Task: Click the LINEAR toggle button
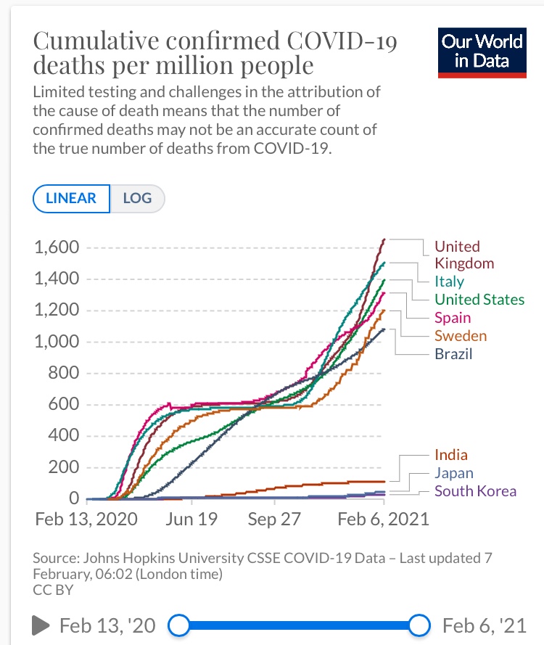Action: (71, 198)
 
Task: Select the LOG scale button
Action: (137, 198)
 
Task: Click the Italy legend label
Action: (449, 282)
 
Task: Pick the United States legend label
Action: (479, 299)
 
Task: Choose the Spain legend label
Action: (452, 317)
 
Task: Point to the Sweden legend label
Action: (461, 335)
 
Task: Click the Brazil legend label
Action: (453, 354)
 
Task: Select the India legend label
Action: (450, 455)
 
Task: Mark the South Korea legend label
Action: (475, 491)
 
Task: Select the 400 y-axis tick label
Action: (63, 436)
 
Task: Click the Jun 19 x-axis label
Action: (191, 519)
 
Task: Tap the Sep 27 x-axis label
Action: (274, 519)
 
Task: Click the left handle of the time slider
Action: (178, 624)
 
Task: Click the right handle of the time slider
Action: (419, 624)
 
